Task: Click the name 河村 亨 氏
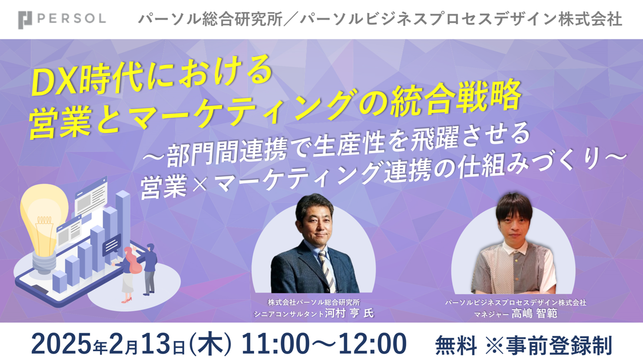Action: click(349, 313)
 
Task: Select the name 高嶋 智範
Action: click(533, 314)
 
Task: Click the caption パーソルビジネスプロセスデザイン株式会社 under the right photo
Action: click(516, 303)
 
